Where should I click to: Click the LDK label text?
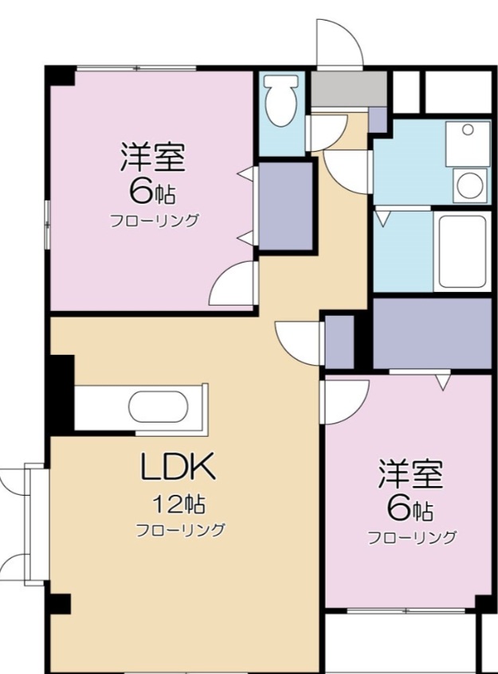tap(178, 469)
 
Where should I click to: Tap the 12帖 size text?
tap(178, 503)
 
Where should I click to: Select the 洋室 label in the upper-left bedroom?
tap(152, 158)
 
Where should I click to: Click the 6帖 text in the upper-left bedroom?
tap(152, 191)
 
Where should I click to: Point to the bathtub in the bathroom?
tap(461, 251)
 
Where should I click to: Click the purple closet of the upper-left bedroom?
tap(285, 206)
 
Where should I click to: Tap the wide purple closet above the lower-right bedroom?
tap(431, 333)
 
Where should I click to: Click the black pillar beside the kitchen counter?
tap(61, 394)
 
